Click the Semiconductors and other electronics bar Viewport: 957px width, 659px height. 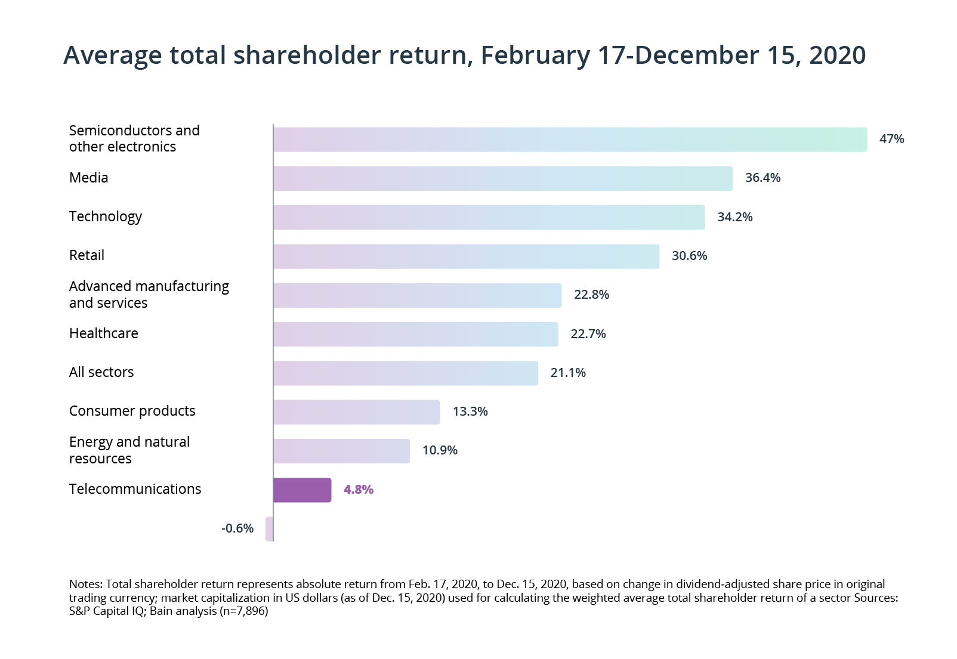coord(570,140)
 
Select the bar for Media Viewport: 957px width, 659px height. coord(502,178)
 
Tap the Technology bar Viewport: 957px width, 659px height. coord(489,217)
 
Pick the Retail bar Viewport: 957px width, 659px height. coord(466,256)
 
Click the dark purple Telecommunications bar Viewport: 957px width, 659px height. coord(302,490)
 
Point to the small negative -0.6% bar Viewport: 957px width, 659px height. coord(269,529)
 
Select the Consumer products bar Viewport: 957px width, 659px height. coord(356,412)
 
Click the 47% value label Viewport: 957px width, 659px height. coord(891,139)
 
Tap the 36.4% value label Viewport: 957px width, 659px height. coord(762,178)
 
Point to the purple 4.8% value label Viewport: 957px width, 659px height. coord(359,490)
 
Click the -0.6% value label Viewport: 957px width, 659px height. coord(237,528)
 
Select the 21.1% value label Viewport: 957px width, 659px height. coord(568,373)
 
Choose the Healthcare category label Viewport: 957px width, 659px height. coord(104,333)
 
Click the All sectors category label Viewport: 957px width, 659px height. coord(101,372)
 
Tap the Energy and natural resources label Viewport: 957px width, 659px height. coord(129,450)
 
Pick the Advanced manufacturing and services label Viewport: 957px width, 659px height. coord(149,295)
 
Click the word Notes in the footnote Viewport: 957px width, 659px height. coord(86,584)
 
